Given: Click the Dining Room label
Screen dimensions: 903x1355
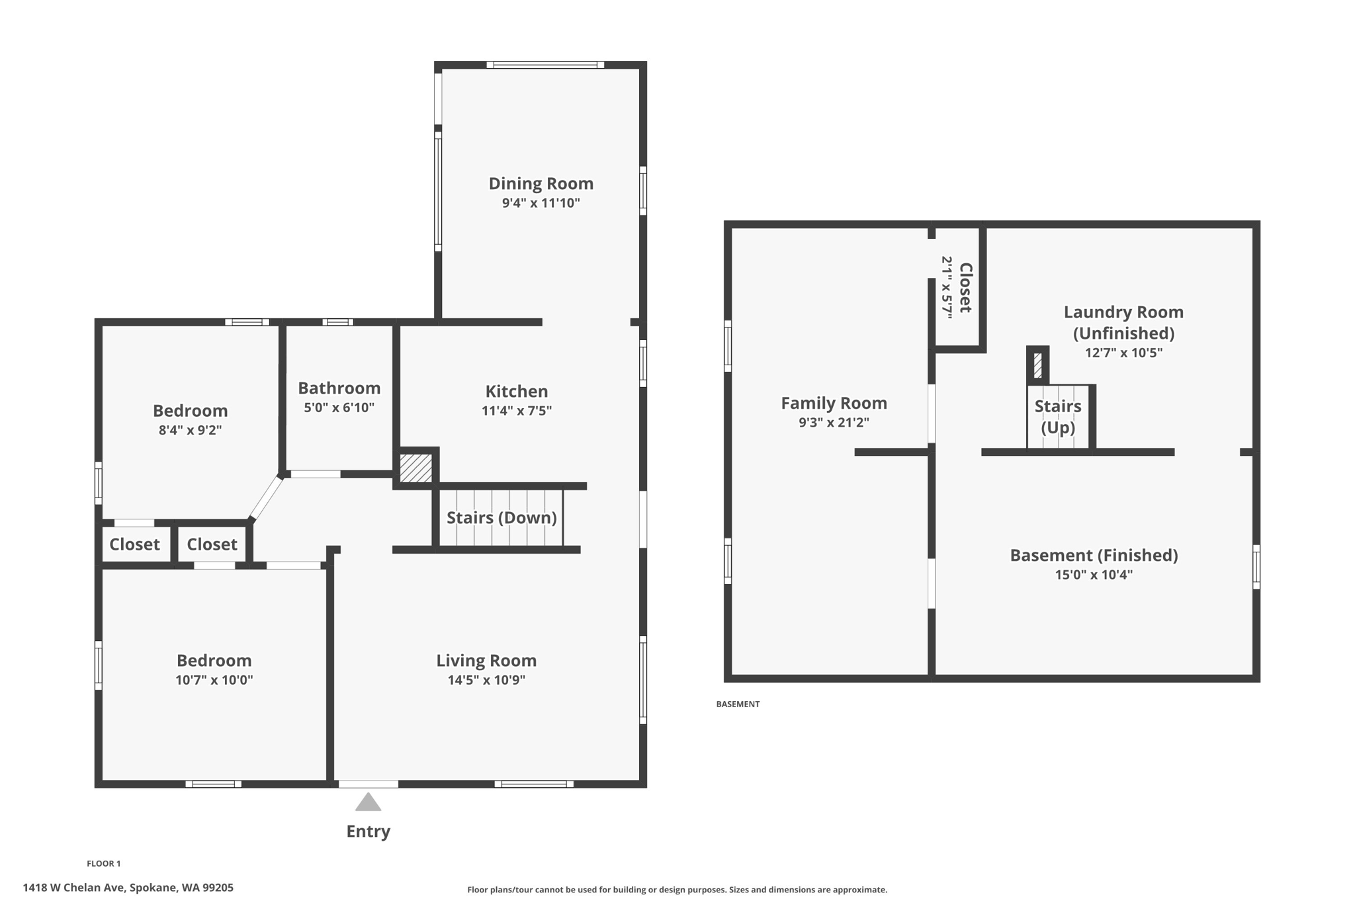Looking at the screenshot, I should coord(541,183).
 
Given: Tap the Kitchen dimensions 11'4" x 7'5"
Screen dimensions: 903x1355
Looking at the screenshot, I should coord(516,411).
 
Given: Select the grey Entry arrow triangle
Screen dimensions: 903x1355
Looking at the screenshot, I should coord(368,803).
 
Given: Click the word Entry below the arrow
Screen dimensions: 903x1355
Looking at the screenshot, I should coord(368,832).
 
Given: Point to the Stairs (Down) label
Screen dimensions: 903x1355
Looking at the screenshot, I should coord(502,517).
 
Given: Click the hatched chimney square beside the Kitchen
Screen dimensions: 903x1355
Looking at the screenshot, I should coord(416,468).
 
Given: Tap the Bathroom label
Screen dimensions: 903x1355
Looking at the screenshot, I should coord(339,388).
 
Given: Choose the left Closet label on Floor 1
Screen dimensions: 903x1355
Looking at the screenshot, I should coord(134,544).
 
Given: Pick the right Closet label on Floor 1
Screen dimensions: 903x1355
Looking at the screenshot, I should coord(212,544).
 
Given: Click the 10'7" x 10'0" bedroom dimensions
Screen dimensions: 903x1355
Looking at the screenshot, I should coord(214,680).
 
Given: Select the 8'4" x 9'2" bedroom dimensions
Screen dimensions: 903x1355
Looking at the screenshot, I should coord(190,430).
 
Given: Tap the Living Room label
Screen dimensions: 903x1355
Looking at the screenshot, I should coord(486,660).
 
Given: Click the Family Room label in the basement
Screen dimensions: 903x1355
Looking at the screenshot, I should coord(834,403).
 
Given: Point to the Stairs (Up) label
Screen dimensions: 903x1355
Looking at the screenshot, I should coord(1057,416).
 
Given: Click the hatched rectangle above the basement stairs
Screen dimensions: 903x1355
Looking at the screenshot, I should coord(1037,365).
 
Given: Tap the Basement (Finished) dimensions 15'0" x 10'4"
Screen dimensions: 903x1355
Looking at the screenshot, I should coord(1093,575).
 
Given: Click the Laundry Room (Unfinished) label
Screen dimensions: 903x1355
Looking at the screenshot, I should coord(1123,322).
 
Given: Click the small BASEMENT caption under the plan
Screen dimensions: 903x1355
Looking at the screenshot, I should coord(737,704).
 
